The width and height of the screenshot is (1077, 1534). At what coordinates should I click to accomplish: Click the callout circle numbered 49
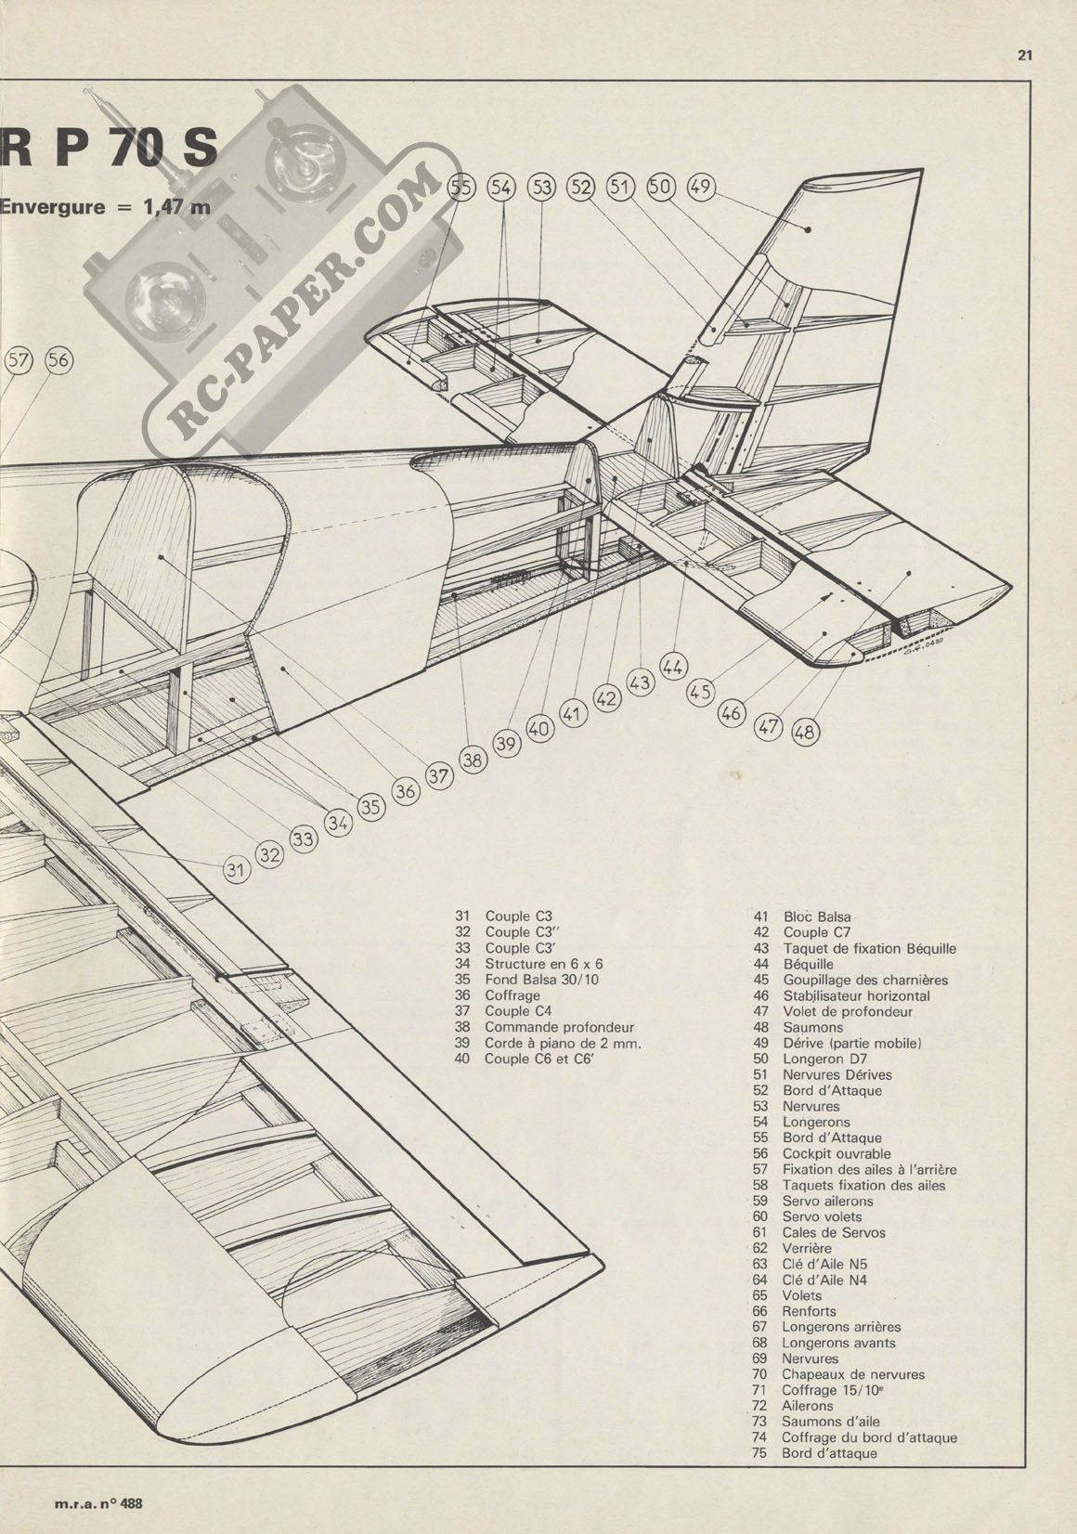tap(701, 187)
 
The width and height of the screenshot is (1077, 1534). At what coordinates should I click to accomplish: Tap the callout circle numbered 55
tap(461, 188)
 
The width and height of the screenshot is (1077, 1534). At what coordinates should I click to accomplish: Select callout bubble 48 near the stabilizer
tap(806, 733)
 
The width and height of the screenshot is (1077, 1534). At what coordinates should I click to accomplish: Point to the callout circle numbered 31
tap(237, 869)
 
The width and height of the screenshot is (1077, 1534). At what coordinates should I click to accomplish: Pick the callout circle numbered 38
tap(473, 760)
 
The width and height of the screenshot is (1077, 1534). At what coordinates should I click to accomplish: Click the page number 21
tap(1025, 55)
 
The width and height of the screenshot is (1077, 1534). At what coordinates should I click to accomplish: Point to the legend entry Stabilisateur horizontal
tap(856, 995)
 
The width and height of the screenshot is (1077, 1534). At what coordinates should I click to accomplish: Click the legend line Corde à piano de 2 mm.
tap(564, 1043)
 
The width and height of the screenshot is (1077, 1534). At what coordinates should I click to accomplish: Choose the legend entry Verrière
tap(807, 1248)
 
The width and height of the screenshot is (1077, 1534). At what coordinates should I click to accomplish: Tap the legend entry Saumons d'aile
tap(830, 1422)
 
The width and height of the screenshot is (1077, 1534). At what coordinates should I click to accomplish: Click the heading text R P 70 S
tap(111, 149)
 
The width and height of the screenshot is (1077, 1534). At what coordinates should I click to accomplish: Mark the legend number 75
tap(759, 1453)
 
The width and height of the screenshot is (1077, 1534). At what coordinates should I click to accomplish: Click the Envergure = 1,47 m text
tap(105, 206)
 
